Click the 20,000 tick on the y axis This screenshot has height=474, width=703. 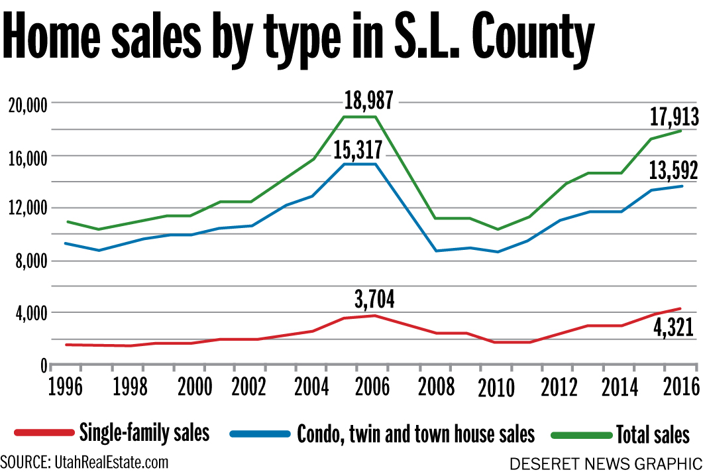tap(25, 104)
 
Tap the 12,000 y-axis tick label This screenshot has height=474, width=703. tap(25, 209)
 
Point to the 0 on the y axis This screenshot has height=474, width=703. tap(42, 365)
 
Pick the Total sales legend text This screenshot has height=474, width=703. tap(653, 435)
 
